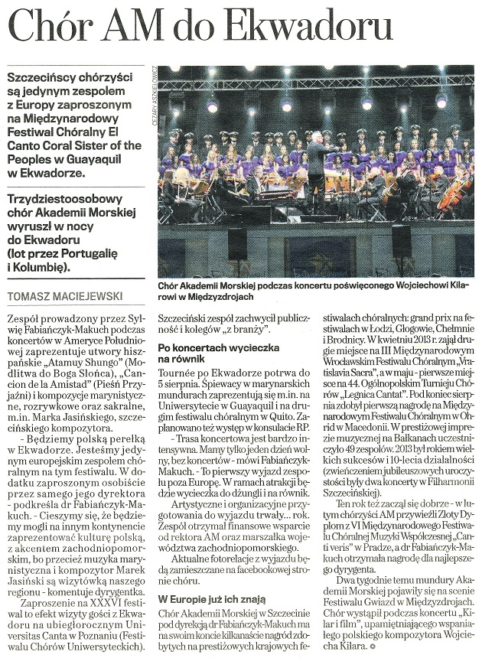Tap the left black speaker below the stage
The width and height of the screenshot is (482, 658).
238,244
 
